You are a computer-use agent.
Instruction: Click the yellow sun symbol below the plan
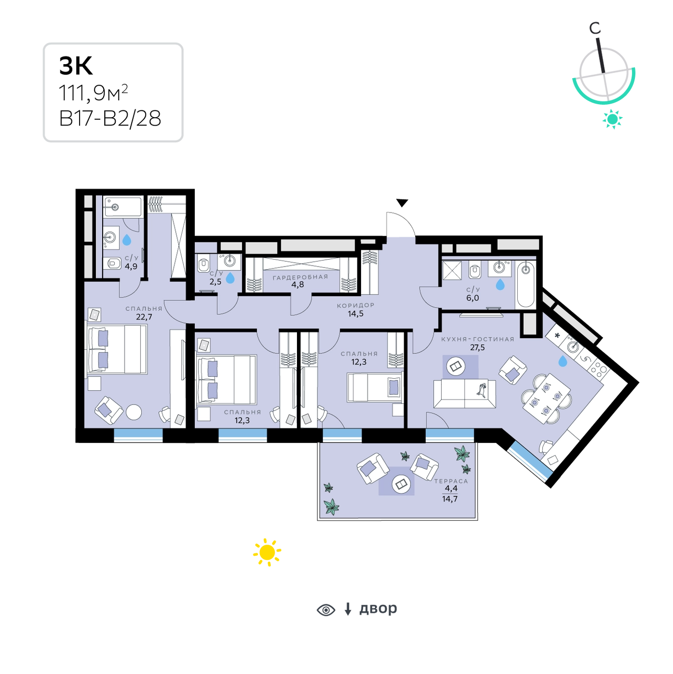[267, 551]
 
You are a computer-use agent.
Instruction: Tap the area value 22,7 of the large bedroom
[144, 317]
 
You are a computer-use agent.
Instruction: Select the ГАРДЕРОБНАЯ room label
[300, 277]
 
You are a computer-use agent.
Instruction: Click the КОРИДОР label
[356, 305]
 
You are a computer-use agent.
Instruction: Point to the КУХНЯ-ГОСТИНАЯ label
[477, 339]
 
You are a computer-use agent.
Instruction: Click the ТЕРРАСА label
[451, 481]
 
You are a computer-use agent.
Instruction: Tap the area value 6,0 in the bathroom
[473, 298]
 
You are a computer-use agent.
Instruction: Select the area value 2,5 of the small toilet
[215, 282]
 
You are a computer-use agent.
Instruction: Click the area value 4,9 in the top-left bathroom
[131, 267]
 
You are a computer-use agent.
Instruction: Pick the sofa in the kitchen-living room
[465, 394]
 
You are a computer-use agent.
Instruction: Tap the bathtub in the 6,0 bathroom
[525, 284]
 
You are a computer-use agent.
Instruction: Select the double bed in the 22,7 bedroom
[117, 349]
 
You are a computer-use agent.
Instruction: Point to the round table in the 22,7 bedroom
[134, 412]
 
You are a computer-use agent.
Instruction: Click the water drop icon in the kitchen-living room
[563, 361]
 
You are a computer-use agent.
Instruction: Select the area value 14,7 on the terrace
[450, 499]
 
